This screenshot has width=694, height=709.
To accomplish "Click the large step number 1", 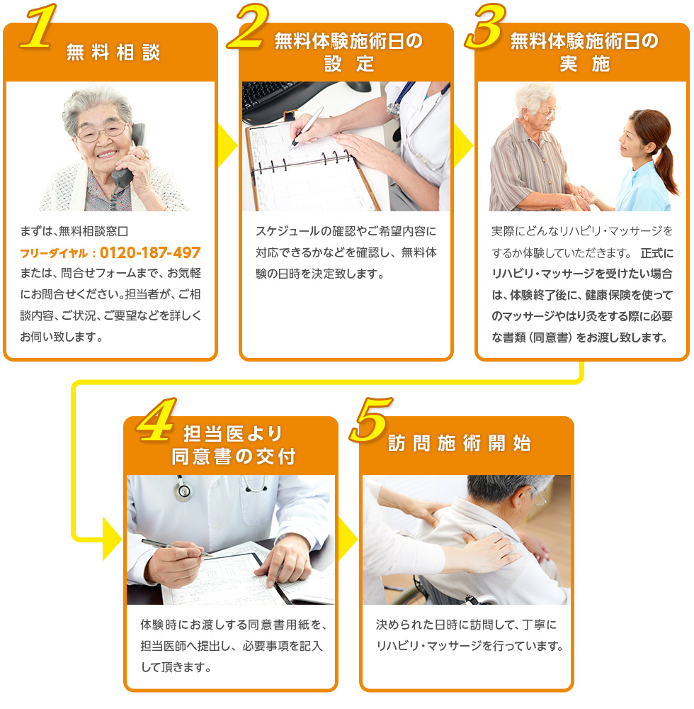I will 38,28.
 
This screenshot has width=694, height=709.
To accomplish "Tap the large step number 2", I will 249,28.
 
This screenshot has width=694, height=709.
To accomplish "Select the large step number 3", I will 486,28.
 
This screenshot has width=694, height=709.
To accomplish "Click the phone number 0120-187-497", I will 150,253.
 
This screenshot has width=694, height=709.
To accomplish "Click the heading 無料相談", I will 113,53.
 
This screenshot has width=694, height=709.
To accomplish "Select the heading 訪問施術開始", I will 460,444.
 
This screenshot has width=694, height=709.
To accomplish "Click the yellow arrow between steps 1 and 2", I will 227,147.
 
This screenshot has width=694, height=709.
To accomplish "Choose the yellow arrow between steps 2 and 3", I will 462,147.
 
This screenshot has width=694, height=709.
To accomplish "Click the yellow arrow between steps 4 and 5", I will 347,540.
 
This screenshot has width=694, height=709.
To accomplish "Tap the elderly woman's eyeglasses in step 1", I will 103,132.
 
